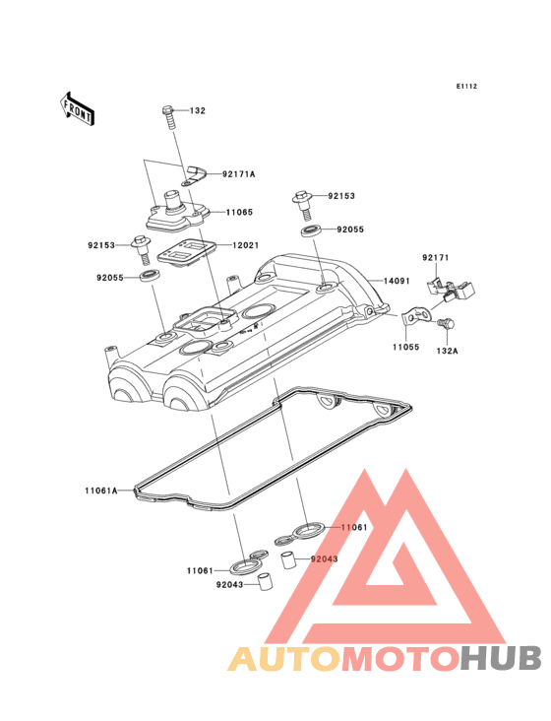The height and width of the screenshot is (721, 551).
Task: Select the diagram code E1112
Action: (x=466, y=87)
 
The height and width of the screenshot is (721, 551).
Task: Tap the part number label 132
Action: (x=198, y=111)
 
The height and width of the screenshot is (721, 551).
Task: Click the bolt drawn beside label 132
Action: (x=169, y=117)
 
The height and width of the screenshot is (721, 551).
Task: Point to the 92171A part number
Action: (x=238, y=174)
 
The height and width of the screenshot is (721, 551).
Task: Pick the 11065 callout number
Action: (x=239, y=213)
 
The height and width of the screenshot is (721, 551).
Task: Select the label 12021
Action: (x=246, y=245)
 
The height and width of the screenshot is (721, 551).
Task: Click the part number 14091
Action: (x=397, y=281)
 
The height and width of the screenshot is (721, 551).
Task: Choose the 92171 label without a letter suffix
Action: (x=436, y=258)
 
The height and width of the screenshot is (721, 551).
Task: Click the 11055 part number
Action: (x=405, y=347)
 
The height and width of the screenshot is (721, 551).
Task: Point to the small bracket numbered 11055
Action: (x=416, y=317)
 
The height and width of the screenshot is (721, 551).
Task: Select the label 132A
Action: (x=447, y=351)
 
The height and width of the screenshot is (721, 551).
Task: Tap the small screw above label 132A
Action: (x=446, y=324)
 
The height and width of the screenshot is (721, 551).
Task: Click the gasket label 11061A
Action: (x=101, y=491)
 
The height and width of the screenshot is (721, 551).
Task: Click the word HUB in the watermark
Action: (x=502, y=659)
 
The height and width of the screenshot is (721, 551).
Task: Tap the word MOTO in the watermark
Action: (x=402, y=659)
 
